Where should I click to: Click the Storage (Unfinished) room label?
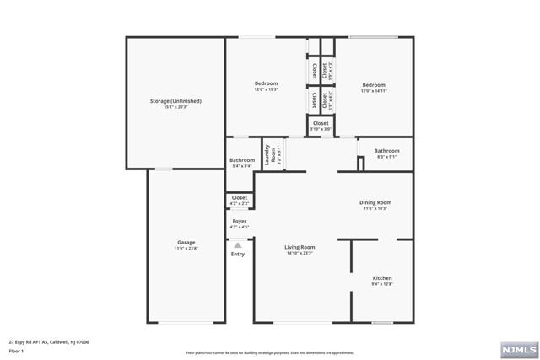coord(176,101)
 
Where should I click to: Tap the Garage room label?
coord(186,243)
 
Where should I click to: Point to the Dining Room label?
coord(375,202)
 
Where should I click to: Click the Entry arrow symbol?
coord(238,245)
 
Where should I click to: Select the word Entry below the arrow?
coord(238,254)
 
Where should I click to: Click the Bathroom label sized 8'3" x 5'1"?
coord(387,151)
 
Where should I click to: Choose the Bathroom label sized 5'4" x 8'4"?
coord(242,160)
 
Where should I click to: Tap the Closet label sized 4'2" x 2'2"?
coord(240,197)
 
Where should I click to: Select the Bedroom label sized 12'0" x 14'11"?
coord(374,84)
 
